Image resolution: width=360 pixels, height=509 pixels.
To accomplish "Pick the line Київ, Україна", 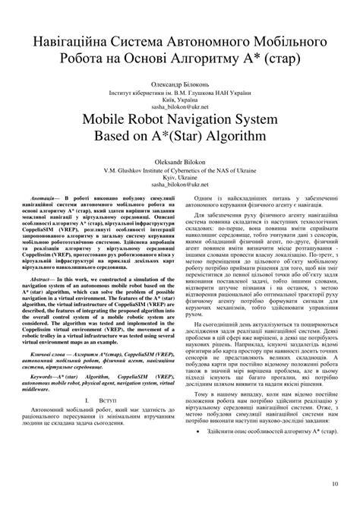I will pyautogui.click(x=179, y=97).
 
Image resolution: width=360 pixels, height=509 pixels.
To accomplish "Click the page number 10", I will pyautogui.click(x=335, y=484).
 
